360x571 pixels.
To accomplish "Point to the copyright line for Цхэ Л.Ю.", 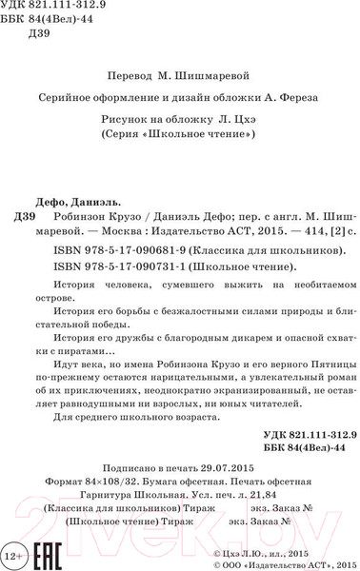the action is [x=285, y=551].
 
